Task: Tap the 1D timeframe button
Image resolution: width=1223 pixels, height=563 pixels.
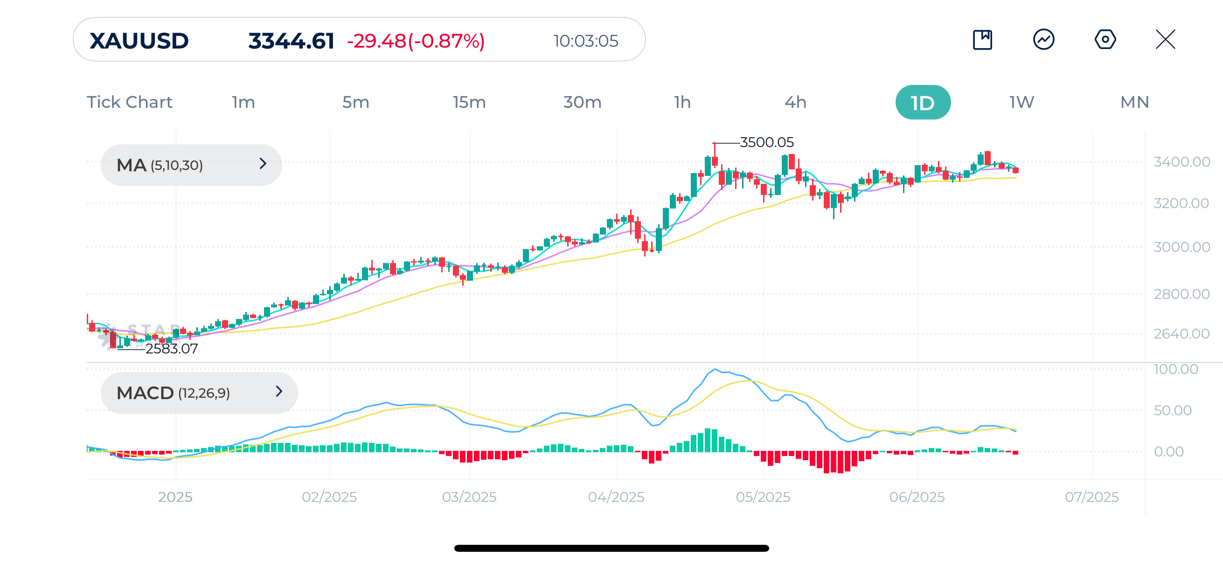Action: [923, 103]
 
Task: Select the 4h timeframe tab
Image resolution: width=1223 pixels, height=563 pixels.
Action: [795, 103]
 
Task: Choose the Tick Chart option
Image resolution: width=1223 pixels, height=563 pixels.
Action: [129, 103]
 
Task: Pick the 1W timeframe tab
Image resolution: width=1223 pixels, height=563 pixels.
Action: [1021, 103]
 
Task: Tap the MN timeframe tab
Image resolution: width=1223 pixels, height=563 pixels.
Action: [1134, 103]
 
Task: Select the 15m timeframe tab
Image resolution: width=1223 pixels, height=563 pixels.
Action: [469, 103]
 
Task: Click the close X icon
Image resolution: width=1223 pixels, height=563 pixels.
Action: [1165, 39]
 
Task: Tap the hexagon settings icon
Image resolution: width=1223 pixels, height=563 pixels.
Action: [1105, 39]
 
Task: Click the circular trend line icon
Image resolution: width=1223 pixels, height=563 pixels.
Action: [1043, 39]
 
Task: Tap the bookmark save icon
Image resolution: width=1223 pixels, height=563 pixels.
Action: [982, 39]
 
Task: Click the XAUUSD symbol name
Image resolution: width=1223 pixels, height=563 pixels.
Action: [139, 41]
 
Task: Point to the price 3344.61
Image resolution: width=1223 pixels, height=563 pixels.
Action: [291, 41]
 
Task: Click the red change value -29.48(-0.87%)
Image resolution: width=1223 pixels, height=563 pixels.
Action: [416, 41]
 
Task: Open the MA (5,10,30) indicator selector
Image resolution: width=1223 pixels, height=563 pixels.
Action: [191, 165]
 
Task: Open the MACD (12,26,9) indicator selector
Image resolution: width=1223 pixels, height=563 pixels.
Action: [199, 393]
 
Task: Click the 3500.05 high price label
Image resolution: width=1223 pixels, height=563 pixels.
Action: [766, 142]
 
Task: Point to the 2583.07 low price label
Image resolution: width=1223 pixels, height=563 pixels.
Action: [171, 349]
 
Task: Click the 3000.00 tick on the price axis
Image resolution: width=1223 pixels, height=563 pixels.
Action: [1181, 247]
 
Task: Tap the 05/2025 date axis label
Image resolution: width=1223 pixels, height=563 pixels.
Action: [763, 497]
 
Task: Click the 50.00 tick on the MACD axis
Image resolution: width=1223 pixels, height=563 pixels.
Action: [1172, 410]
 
